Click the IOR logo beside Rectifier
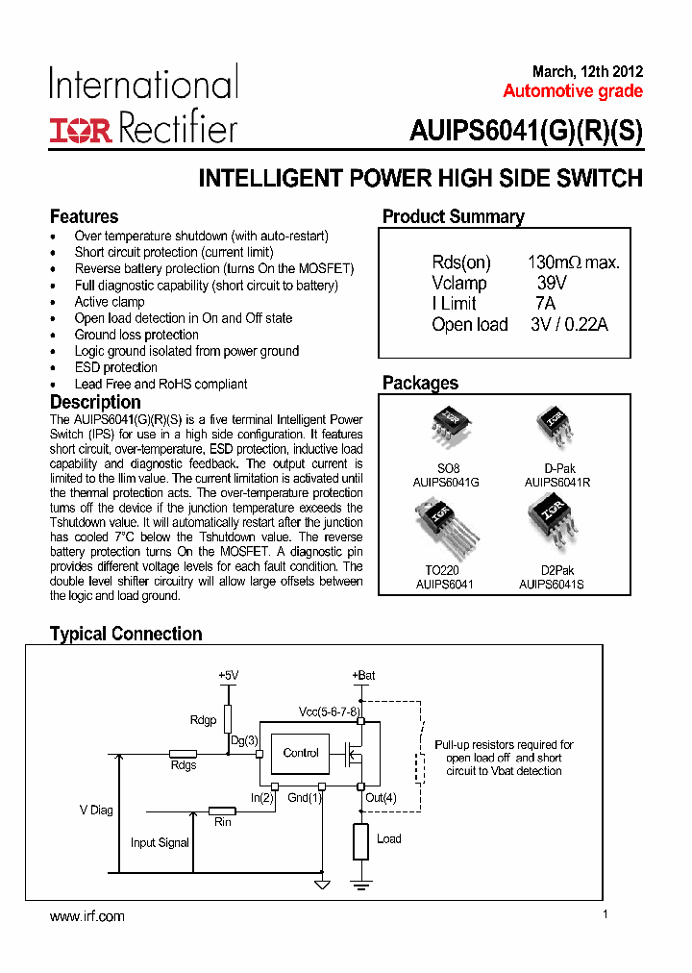(x=81, y=131)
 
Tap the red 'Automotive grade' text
(x=573, y=91)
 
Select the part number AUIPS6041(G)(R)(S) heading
(x=526, y=131)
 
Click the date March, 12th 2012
(x=587, y=71)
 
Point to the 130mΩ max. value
(x=573, y=262)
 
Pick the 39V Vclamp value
(x=552, y=283)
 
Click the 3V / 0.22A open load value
(x=569, y=324)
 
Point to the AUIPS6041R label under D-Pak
(x=557, y=482)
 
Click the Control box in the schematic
(x=301, y=753)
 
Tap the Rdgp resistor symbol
(x=228, y=718)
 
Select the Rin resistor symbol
(x=223, y=811)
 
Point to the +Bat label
(x=363, y=676)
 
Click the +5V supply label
(x=228, y=676)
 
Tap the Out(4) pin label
(x=381, y=797)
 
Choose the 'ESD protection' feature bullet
(x=115, y=367)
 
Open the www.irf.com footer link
(x=87, y=916)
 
